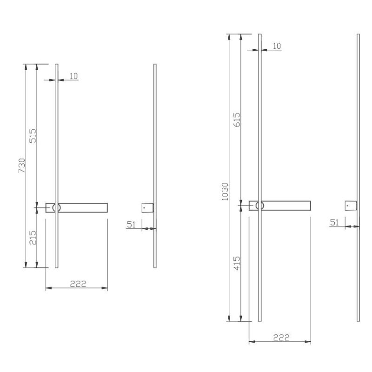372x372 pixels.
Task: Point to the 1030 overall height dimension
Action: click(x=225, y=191)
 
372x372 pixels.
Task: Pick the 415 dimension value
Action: click(x=237, y=264)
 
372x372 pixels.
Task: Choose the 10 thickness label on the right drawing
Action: click(x=277, y=46)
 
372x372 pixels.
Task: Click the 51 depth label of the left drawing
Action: click(x=131, y=224)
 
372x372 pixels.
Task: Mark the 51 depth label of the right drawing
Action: click(x=334, y=222)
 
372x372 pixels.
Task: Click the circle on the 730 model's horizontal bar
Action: click(x=56, y=208)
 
